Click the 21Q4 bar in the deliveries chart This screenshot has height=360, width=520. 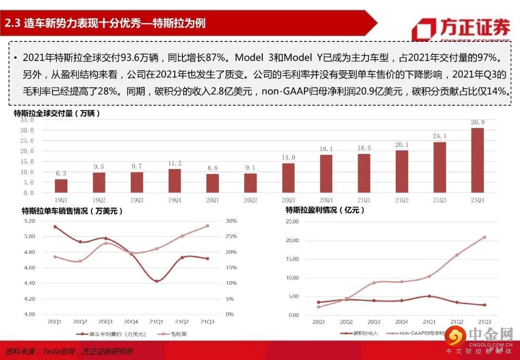tap(477, 160)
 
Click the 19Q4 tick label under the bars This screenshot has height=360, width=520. tap(175, 199)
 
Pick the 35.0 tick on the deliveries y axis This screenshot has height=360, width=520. tap(26, 120)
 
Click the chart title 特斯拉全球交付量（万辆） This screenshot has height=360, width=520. tap(57, 114)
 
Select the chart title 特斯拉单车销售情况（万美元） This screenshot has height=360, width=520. tap(72, 211)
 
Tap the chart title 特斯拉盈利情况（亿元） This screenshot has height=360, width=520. tap(325, 210)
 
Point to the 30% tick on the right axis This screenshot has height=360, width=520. tap(231, 221)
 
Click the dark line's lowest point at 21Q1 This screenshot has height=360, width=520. tap(156, 281)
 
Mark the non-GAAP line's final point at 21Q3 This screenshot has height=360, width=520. tap(484, 237)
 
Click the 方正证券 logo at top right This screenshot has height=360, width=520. tap(461, 28)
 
